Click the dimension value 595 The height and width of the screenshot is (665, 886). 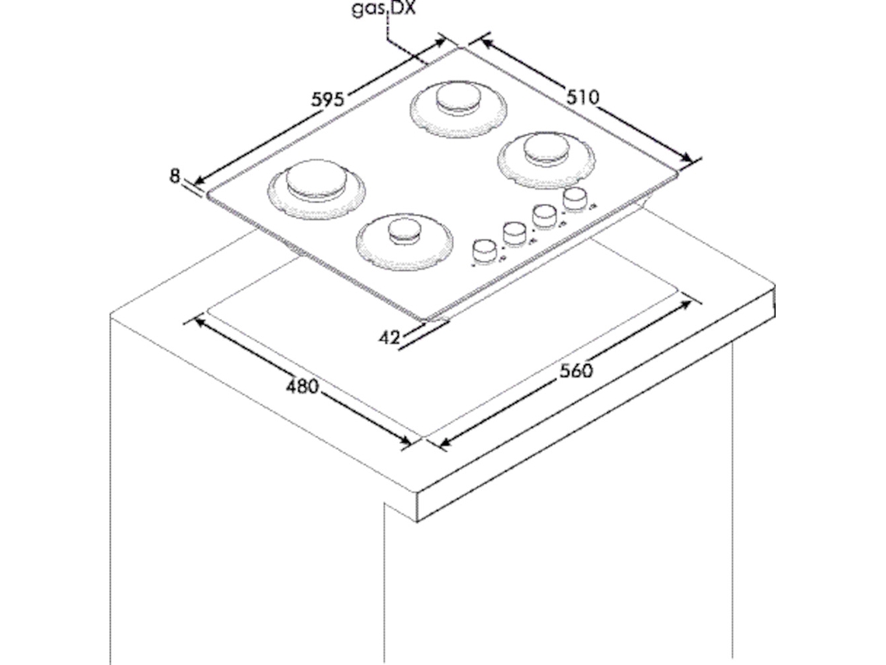[327, 100]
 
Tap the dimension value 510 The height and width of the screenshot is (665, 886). [582, 97]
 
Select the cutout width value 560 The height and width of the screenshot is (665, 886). [577, 371]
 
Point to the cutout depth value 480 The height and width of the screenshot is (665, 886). [302, 387]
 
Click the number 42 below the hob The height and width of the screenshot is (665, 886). [389, 338]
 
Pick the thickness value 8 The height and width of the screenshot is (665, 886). [175, 176]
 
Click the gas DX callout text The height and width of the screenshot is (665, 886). [384, 9]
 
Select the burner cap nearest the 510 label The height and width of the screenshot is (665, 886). [546, 149]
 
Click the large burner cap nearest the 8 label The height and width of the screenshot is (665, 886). [316, 179]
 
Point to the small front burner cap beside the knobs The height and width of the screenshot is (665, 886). [404, 229]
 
